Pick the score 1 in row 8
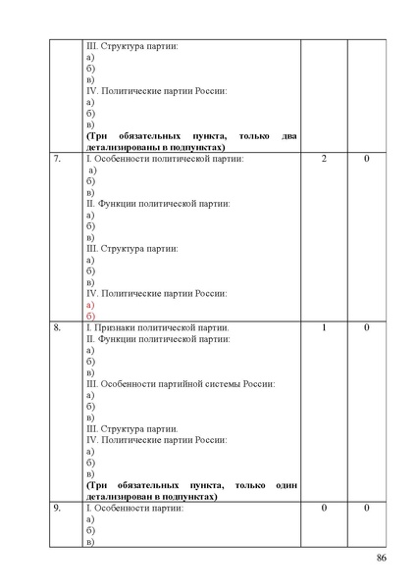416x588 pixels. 324,327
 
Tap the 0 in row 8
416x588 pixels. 367,327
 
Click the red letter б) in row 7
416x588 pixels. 90,316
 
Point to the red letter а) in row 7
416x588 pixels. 90,304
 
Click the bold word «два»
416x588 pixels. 286,135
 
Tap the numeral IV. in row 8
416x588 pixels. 92,440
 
